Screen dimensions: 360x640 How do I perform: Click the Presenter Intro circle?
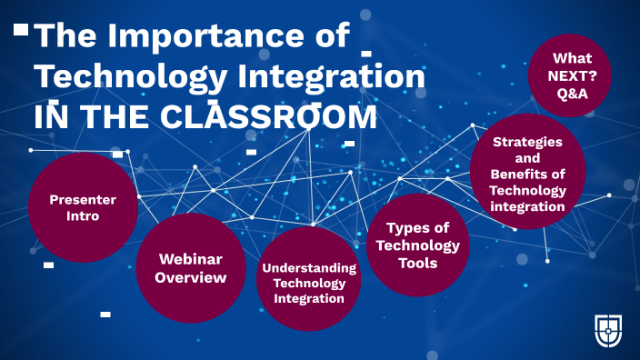click(83, 207)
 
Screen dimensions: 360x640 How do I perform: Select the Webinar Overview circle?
click(191, 268)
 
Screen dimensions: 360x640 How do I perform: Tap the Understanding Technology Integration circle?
click(310, 279)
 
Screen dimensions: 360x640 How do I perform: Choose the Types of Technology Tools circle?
click(417, 245)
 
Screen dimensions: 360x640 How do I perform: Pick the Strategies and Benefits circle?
click(527, 172)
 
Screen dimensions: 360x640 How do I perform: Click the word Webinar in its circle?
click(191, 258)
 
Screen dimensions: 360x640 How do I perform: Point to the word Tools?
click(417, 264)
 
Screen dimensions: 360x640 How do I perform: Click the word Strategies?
click(527, 141)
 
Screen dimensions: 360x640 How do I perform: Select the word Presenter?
click(83, 199)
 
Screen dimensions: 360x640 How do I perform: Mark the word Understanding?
click(310, 267)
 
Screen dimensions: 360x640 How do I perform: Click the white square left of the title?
click(20, 30)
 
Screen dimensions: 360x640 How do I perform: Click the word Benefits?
click(518, 174)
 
